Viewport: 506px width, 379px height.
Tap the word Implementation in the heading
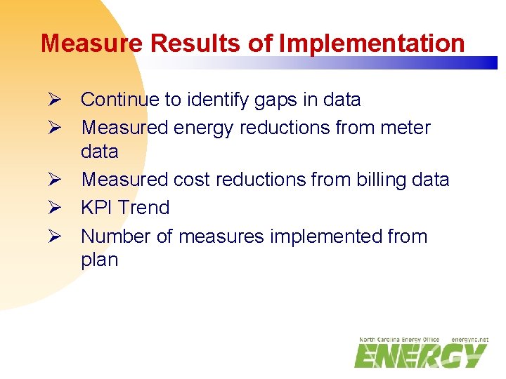[x=372, y=44]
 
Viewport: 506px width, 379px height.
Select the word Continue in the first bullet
[x=120, y=100]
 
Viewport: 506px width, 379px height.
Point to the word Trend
[x=144, y=208]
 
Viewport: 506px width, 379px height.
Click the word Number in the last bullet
[x=115, y=236]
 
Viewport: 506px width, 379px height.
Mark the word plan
[x=100, y=260]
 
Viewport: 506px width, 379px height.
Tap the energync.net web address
[x=470, y=340]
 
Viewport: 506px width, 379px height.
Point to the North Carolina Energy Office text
[x=398, y=340]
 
